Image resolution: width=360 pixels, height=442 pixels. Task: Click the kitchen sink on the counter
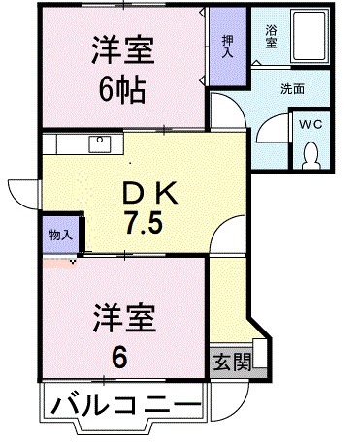tap(99, 143)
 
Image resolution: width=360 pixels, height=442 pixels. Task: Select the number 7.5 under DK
tap(143, 222)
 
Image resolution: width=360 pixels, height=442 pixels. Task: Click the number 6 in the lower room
tap(118, 356)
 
